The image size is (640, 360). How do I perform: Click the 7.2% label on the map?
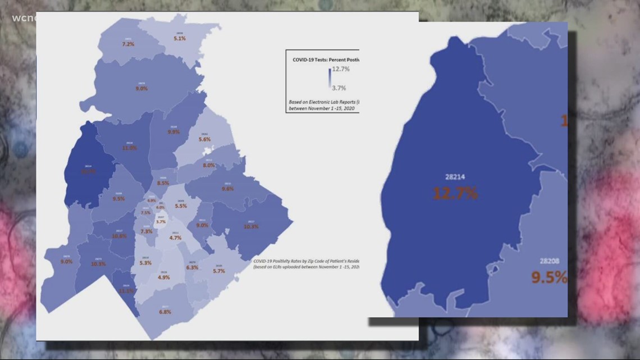click(x=128, y=44)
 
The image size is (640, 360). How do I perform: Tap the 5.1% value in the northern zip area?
click(x=180, y=38)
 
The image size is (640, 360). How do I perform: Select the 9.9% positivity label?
click(x=173, y=132)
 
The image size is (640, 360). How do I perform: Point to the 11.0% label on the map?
click(x=130, y=148)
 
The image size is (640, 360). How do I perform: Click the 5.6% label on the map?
click(x=204, y=139)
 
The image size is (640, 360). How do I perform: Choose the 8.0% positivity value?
click(x=209, y=165)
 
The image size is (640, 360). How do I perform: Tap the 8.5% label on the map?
click(x=163, y=183)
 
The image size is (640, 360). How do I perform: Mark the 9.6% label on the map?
click(x=227, y=189)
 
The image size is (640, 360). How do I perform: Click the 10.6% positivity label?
click(x=119, y=236)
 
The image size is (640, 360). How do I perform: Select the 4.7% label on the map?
click(x=175, y=238)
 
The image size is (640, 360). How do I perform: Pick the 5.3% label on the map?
click(x=145, y=263)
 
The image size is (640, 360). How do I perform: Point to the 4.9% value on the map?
click(x=163, y=277)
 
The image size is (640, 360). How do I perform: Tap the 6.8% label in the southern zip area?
click(x=165, y=312)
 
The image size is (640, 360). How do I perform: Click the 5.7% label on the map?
click(x=219, y=271)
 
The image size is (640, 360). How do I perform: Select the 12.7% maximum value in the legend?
click(x=341, y=69)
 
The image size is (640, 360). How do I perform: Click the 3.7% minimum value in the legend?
click(x=339, y=88)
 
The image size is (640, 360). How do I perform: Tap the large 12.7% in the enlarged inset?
click(x=455, y=194)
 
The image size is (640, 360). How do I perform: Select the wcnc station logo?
click(x=22, y=18)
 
